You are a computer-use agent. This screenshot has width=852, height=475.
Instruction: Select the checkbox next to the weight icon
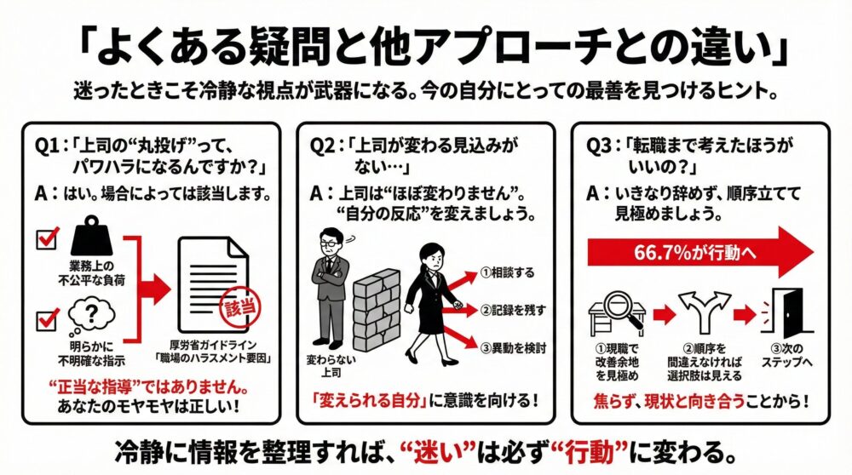46,240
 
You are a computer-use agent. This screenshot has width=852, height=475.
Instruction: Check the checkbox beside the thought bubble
46,323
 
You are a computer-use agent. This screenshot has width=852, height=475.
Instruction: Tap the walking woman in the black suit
429,298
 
